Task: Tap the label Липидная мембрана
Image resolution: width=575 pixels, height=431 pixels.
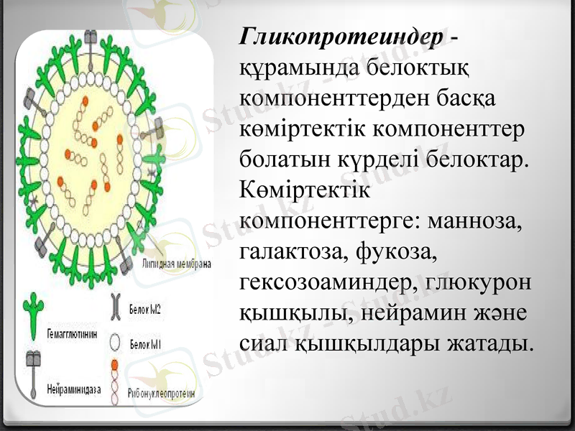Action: click(177, 264)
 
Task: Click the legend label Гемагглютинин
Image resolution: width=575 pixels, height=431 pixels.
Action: click(71, 334)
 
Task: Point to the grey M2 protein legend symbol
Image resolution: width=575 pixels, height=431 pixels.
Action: click(115, 307)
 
